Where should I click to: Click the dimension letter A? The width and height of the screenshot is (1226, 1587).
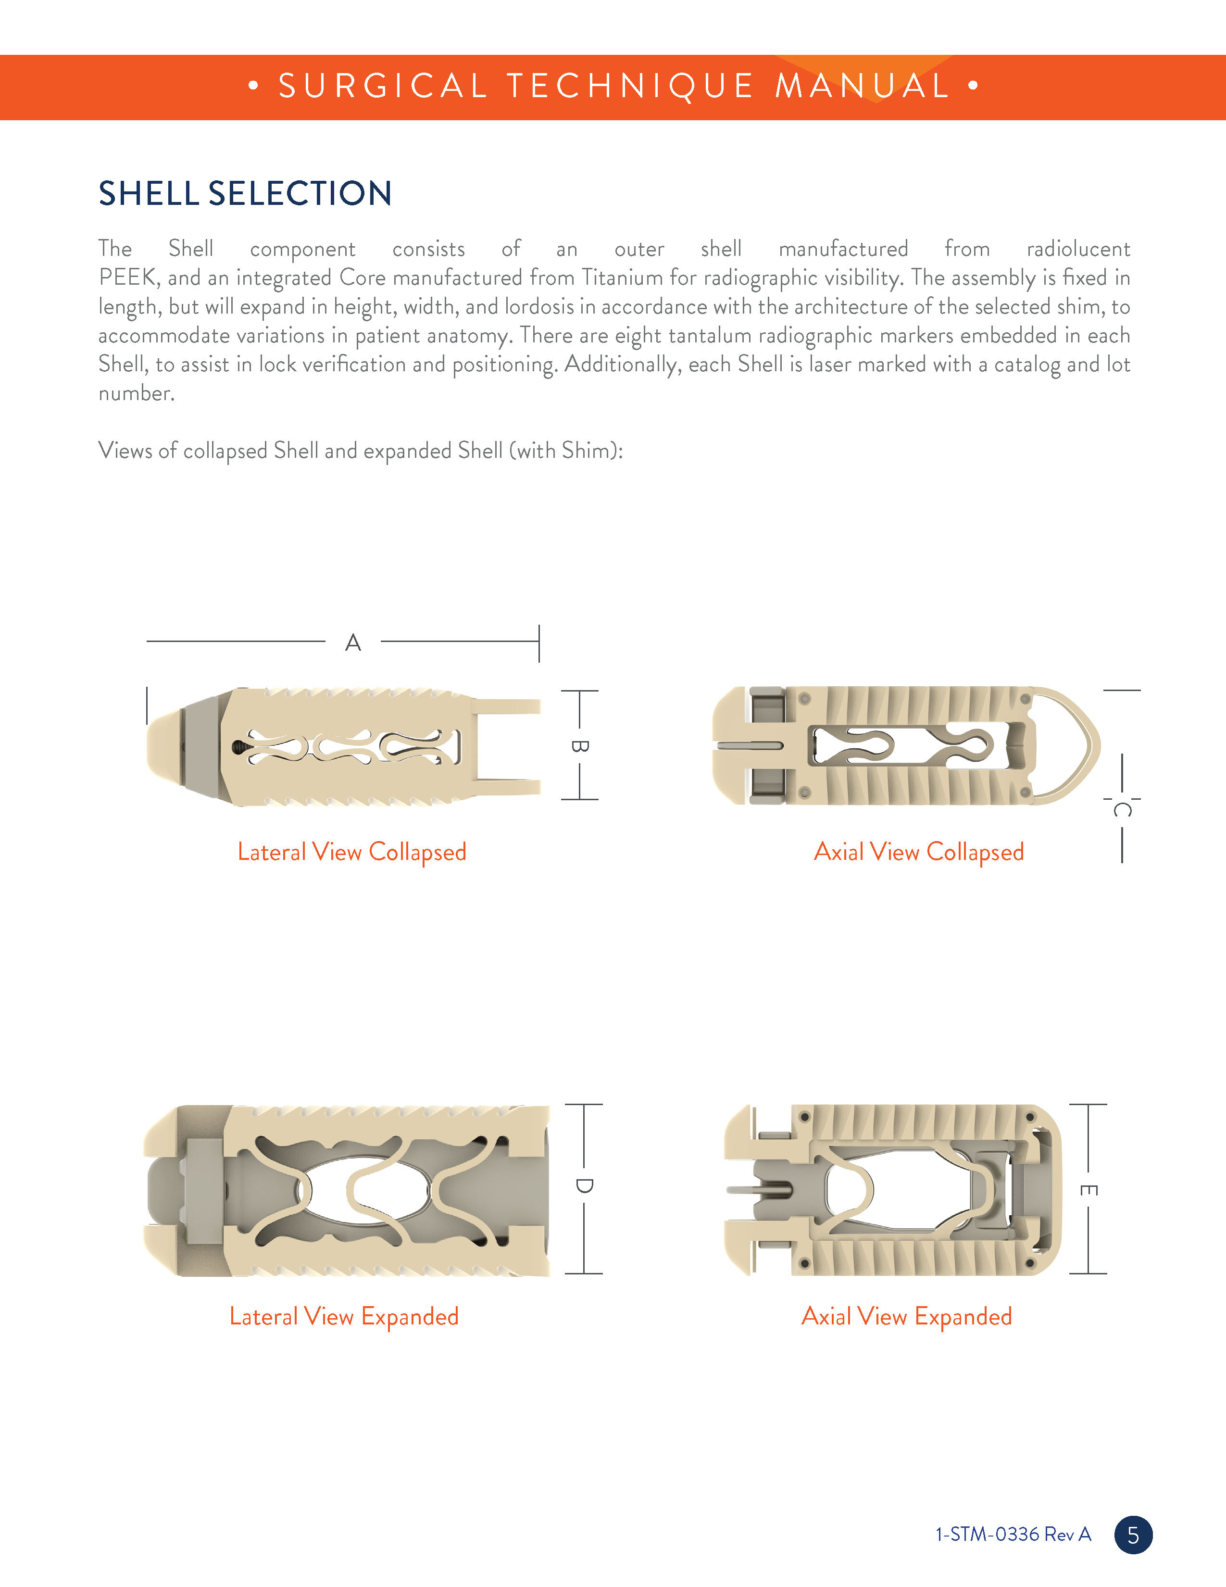click(x=353, y=643)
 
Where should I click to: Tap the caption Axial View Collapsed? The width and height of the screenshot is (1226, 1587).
click(x=919, y=852)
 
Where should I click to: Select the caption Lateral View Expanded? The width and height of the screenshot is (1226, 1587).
click(x=344, y=1316)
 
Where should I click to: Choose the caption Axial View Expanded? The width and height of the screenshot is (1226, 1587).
click(x=906, y=1316)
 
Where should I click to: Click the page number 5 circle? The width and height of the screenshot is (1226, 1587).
click(x=1133, y=1534)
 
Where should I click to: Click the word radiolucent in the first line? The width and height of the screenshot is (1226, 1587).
click(x=1078, y=249)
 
